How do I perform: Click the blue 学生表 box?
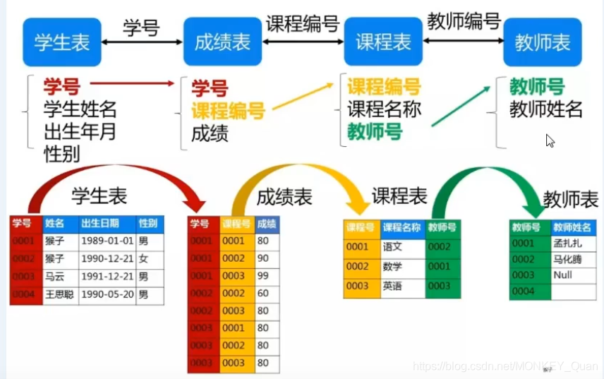pyautogui.click(x=62, y=42)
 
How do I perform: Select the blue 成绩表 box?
pyautogui.click(x=222, y=42)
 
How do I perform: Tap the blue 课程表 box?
pyautogui.click(x=383, y=42)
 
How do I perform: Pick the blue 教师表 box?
pyautogui.click(x=542, y=42)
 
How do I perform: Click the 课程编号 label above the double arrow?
pyautogui.click(x=303, y=24)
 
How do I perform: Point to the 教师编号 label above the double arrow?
pyautogui.click(x=464, y=22)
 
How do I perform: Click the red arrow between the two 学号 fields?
pyautogui.click(x=132, y=84)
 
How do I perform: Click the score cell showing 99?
pyautogui.click(x=264, y=276)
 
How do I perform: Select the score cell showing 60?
pyautogui.click(x=264, y=293)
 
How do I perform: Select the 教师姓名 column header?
pyautogui.click(x=572, y=227)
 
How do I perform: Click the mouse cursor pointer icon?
pyautogui.click(x=550, y=140)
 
